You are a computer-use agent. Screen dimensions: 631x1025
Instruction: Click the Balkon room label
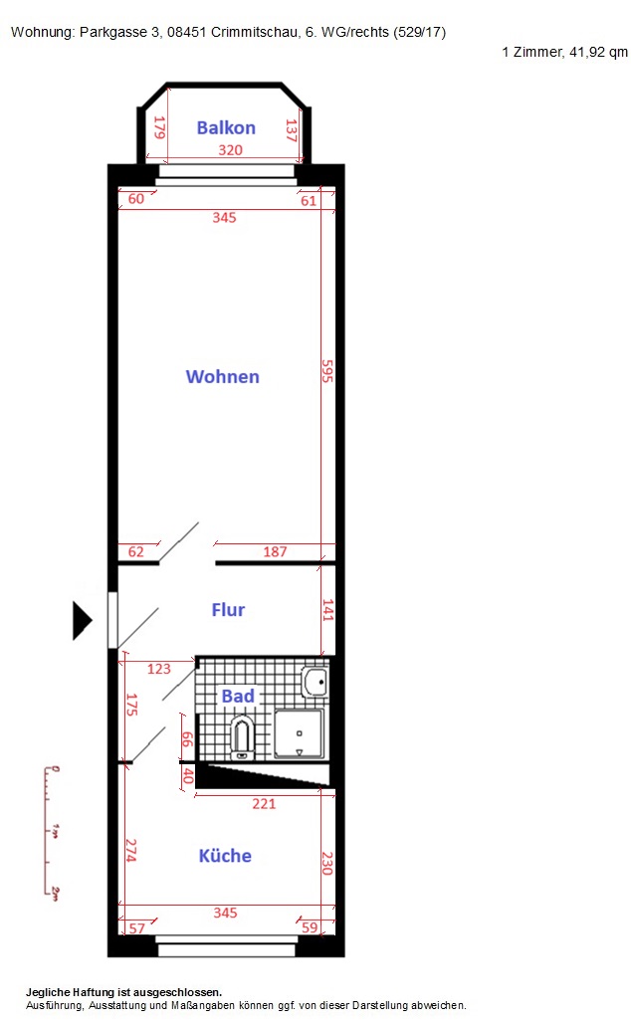[226, 127]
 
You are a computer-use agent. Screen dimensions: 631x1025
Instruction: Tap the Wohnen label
[222, 376]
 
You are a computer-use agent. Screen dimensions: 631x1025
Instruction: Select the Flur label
[228, 610]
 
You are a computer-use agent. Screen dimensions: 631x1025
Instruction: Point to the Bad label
[237, 697]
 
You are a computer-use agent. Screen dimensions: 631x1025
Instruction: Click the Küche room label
[225, 856]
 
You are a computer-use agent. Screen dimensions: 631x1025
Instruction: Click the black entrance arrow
[82, 620]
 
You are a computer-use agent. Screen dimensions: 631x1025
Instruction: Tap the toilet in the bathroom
[242, 738]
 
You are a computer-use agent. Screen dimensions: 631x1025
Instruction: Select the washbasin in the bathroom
[315, 683]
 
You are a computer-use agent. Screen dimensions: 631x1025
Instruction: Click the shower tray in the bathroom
[299, 734]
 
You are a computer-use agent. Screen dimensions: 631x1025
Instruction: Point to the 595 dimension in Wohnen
[326, 370]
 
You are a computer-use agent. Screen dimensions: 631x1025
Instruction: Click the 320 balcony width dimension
[230, 149]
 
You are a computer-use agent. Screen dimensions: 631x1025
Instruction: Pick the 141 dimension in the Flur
[327, 610]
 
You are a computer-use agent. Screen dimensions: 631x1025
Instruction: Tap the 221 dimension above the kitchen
[264, 803]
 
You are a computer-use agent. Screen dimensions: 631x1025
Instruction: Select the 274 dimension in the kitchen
[130, 851]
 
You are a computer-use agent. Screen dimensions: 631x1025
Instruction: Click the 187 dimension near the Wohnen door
[275, 551]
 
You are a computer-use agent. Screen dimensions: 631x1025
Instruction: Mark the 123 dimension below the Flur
[159, 669]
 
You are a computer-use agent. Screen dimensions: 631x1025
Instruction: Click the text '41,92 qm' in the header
[598, 52]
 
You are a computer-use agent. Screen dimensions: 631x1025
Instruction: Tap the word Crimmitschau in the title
[255, 32]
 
